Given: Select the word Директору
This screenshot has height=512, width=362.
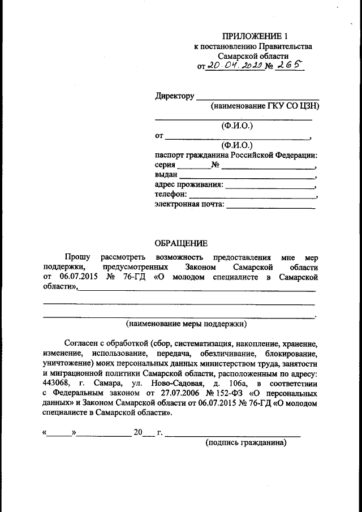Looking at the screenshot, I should (x=175, y=96).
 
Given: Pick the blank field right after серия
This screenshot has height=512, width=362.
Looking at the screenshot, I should (x=193, y=167).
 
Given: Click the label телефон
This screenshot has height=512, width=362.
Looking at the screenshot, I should (x=170, y=195).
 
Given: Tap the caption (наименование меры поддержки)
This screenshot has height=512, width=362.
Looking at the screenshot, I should (x=187, y=324).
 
